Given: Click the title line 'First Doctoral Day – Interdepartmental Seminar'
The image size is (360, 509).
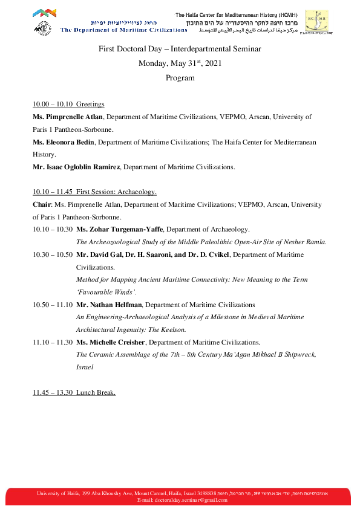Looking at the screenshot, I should pos(180,49).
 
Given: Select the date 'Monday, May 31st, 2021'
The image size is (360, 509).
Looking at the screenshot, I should pos(180,63).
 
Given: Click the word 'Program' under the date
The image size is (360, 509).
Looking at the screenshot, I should pos(180,77).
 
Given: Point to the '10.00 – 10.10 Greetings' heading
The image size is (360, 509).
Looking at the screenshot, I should pos(68,104).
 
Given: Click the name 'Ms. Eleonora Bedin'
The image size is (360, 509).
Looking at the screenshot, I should pos(64,142).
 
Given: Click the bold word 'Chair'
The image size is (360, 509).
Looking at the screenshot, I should pos(42,204).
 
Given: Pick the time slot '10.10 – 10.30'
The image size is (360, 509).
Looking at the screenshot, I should pos(53,229).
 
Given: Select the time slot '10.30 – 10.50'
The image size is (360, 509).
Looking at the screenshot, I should pos(53,254).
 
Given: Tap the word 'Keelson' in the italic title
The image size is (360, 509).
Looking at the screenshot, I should pos(174,329).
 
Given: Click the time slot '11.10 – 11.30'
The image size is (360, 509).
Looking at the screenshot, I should pos(53,342).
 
